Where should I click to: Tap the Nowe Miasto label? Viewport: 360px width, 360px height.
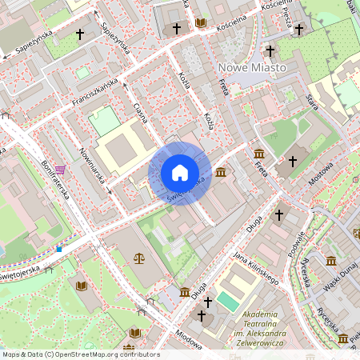(x=251, y=68)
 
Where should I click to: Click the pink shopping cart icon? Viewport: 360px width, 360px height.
(x=60, y=170)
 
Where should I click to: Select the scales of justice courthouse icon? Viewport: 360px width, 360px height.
(x=140, y=258)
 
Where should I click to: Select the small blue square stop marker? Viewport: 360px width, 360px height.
(x=59, y=249)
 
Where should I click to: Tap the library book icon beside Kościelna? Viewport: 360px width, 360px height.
(x=200, y=22)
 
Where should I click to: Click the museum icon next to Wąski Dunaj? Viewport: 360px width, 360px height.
(x=331, y=261)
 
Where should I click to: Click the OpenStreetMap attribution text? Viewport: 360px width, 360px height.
(x=80, y=354)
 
